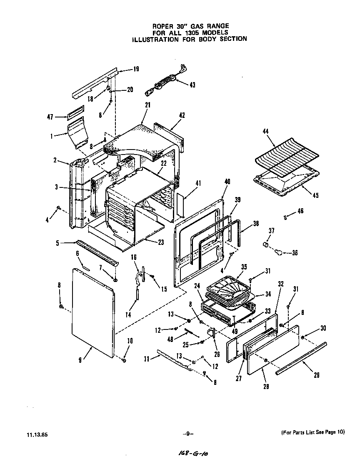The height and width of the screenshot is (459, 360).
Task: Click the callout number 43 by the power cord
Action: (192, 85)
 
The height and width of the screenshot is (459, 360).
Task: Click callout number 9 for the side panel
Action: (80, 361)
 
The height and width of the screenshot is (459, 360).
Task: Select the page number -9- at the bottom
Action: (187, 433)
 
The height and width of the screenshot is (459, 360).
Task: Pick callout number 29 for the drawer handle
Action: (316, 375)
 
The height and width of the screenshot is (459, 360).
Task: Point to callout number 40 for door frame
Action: (227, 182)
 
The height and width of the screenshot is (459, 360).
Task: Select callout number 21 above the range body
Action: (147, 105)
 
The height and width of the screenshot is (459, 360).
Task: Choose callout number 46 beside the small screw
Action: (300, 212)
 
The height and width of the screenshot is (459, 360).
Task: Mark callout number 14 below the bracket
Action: (128, 315)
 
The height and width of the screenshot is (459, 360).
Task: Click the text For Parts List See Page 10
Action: (310, 432)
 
